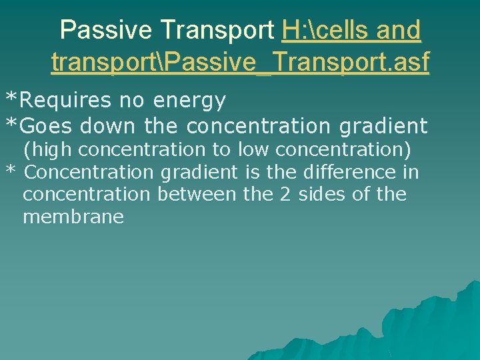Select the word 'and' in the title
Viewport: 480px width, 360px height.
[x=399, y=30]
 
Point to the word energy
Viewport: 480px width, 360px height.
[x=189, y=101]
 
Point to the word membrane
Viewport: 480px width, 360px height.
[x=73, y=217]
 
